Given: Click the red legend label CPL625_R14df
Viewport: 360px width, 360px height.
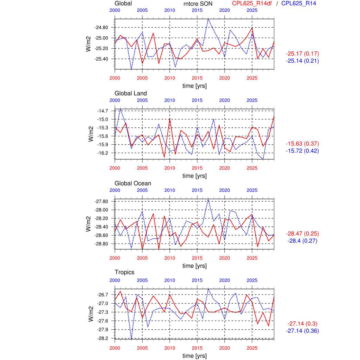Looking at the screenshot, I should click(252, 4).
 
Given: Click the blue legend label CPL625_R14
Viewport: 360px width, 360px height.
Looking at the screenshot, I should click(298, 4).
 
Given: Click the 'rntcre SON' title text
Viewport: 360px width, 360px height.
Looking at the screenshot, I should click(198, 4).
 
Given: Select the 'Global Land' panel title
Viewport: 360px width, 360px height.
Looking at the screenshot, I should click(130, 93).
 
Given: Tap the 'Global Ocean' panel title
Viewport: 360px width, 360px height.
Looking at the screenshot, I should click(133, 183).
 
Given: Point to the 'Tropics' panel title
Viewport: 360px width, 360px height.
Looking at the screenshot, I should click(124, 272).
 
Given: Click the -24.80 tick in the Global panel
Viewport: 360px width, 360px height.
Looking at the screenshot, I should click(101, 28).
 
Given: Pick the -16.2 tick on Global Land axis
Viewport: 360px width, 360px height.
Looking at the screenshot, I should click(102, 153).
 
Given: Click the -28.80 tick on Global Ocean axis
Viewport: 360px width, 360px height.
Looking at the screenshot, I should click(101, 244).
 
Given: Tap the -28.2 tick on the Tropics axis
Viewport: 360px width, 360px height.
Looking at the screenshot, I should click(102, 338).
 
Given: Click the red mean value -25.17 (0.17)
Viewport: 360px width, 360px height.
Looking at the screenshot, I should click(302, 54).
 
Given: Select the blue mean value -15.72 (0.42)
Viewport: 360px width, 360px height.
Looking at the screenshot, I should click(302, 151).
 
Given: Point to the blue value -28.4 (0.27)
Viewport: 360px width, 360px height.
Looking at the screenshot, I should click(302, 241).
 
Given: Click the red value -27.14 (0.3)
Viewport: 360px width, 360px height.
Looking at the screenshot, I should click(302, 324).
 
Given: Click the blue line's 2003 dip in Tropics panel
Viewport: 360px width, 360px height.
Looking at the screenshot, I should click(131, 339).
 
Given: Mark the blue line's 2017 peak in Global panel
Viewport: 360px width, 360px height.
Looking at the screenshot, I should click(208, 19).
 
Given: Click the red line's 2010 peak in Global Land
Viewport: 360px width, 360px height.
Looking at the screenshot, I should click(170, 118).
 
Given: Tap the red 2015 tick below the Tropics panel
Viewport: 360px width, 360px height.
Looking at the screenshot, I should click(197, 348).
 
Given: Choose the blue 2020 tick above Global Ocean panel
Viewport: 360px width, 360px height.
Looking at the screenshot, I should click(224, 190).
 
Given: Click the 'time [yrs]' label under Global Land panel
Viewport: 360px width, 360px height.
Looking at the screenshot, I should click(194, 176).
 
